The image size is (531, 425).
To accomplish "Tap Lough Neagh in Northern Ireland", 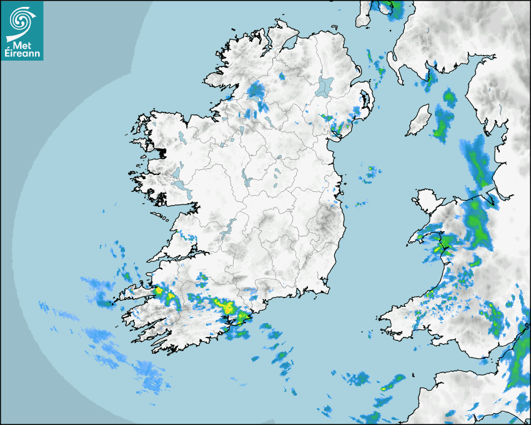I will coord(325,86).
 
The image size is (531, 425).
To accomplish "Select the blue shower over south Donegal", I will coord(256,90).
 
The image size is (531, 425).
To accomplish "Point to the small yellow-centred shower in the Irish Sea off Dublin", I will coord(371,169).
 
